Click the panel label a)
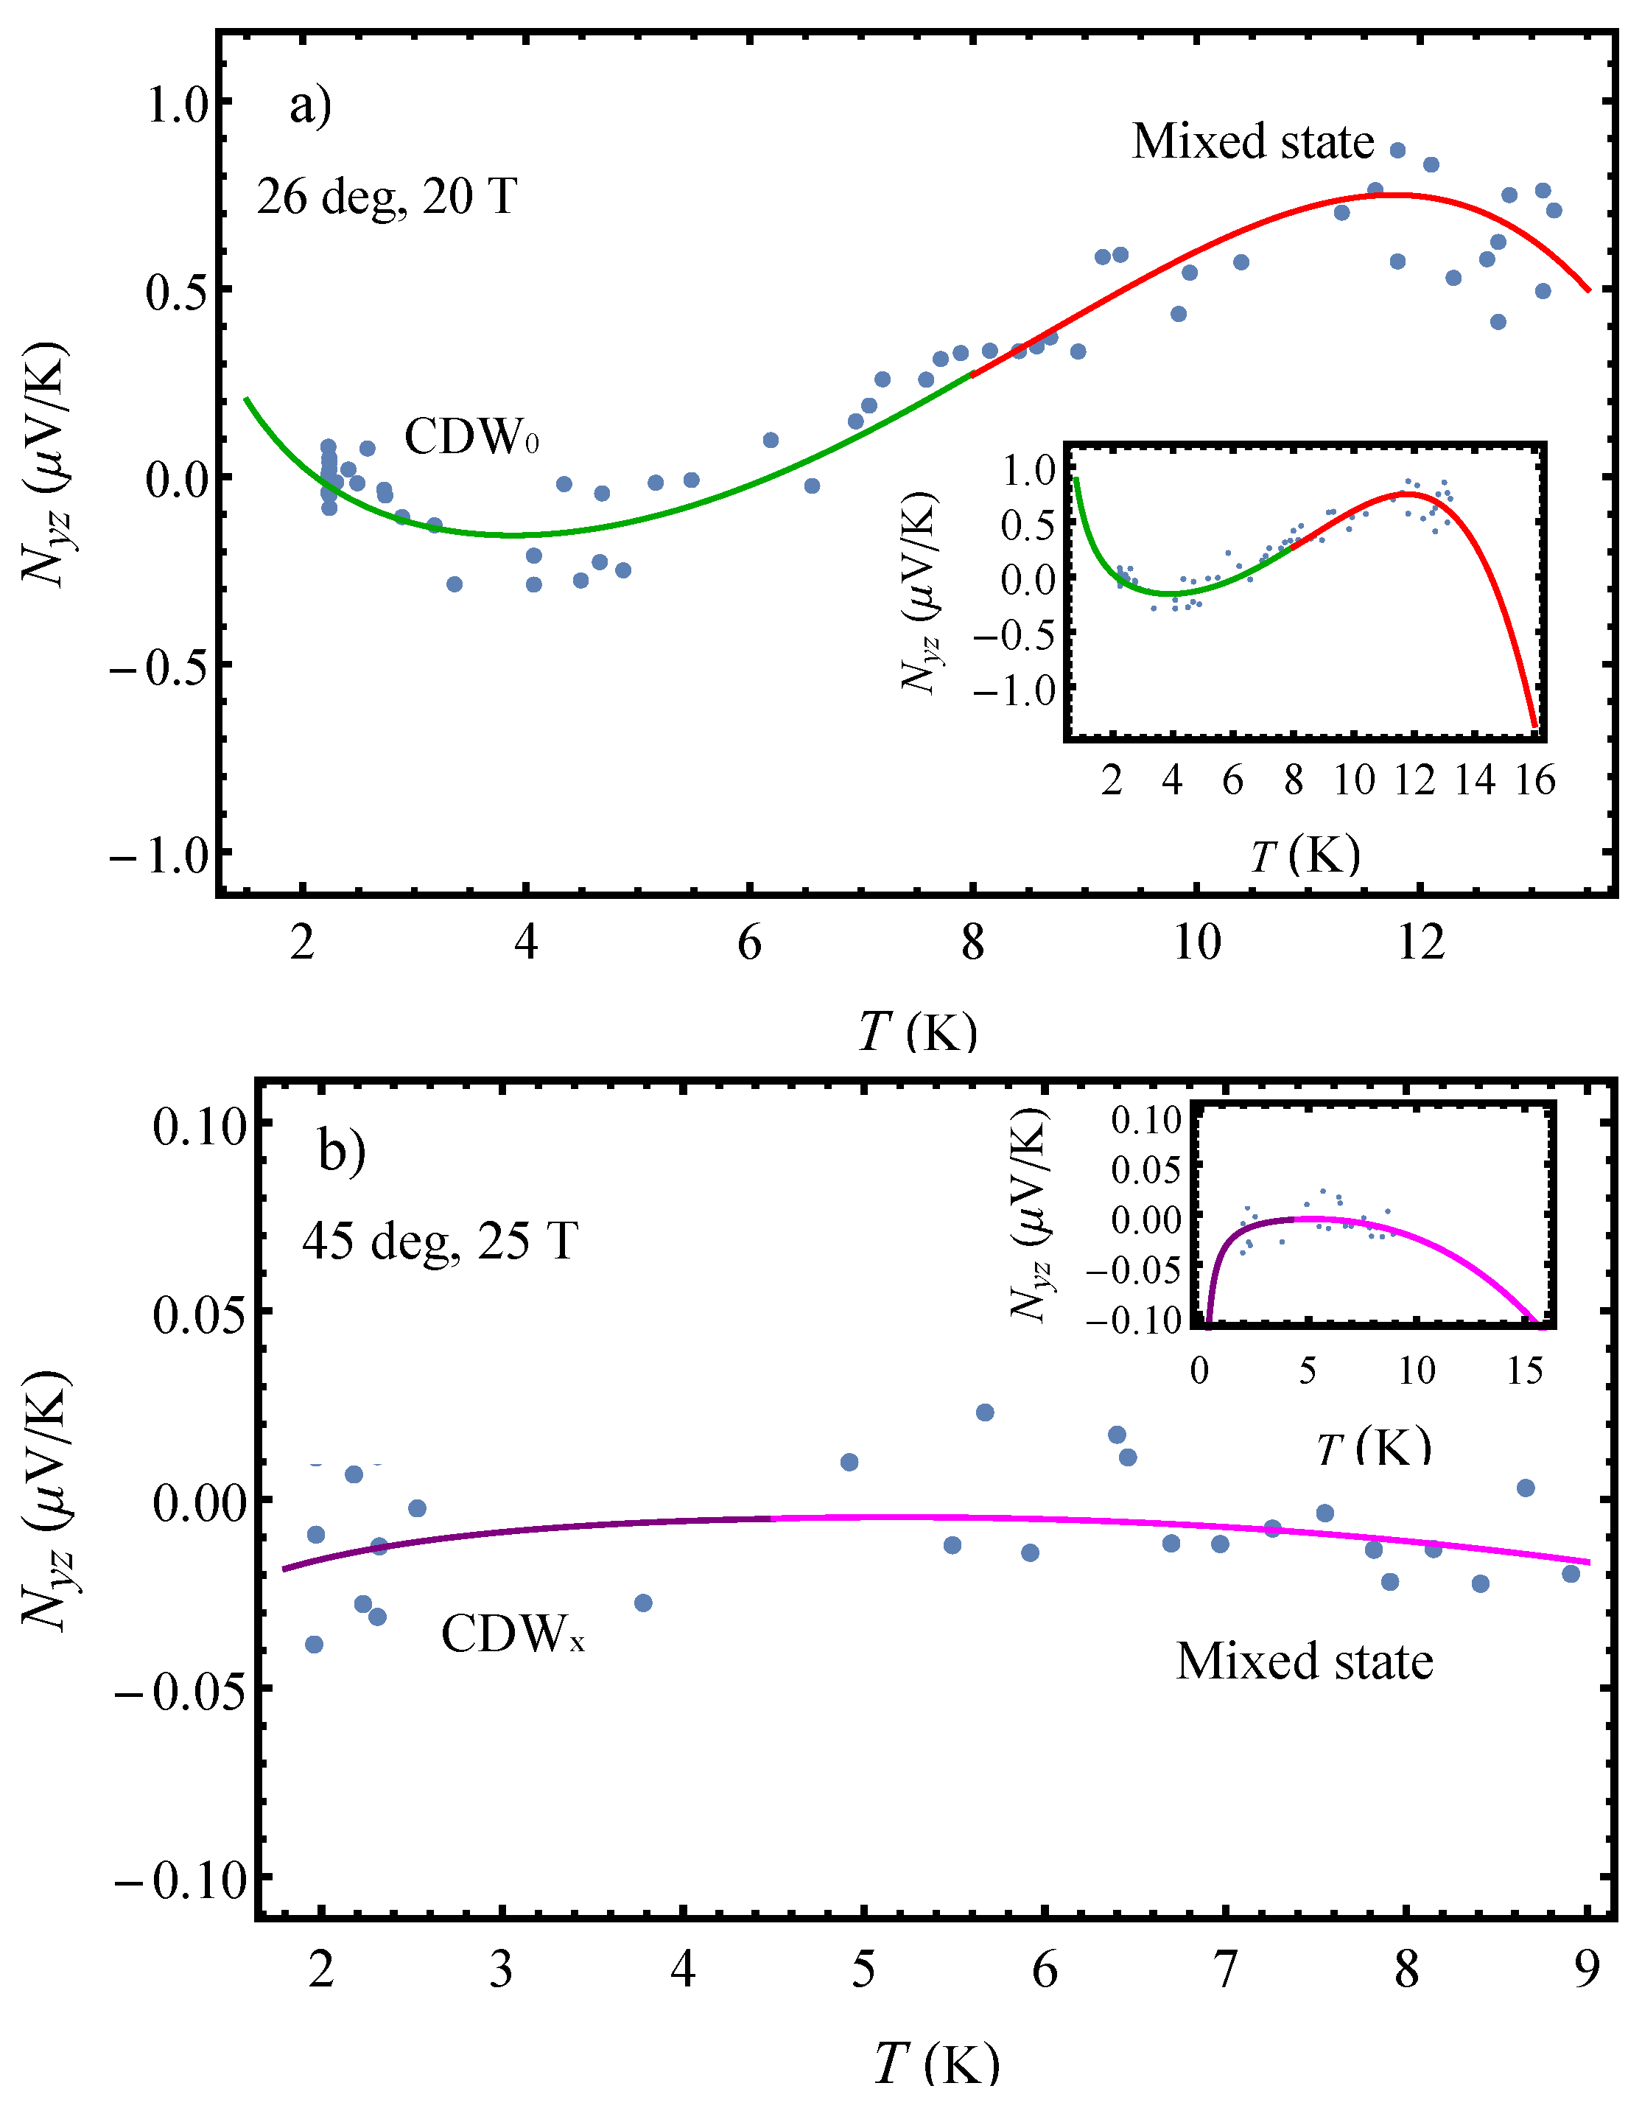coord(310,105)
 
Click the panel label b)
coord(342,1150)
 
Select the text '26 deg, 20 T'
coord(387,197)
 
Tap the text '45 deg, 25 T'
coord(440,1240)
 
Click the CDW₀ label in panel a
coord(471,437)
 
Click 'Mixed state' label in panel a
coord(1252,141)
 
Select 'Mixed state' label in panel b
coord(1304,1662)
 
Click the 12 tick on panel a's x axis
coord(1421,942)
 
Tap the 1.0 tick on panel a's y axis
coord(178,103)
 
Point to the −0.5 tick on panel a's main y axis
coord(159,668)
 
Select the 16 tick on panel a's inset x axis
coord(1534,780)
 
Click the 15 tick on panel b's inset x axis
coord(1525,1370)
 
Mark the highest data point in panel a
coord(1397,150)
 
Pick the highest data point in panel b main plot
coord(985,1412)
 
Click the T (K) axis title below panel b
coord(936,2065)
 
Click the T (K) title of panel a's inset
coord(1305,855)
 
